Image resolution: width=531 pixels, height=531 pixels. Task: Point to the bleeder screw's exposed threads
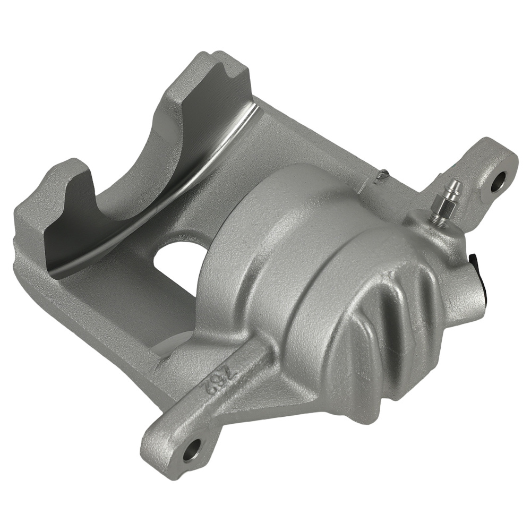[437, 215]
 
